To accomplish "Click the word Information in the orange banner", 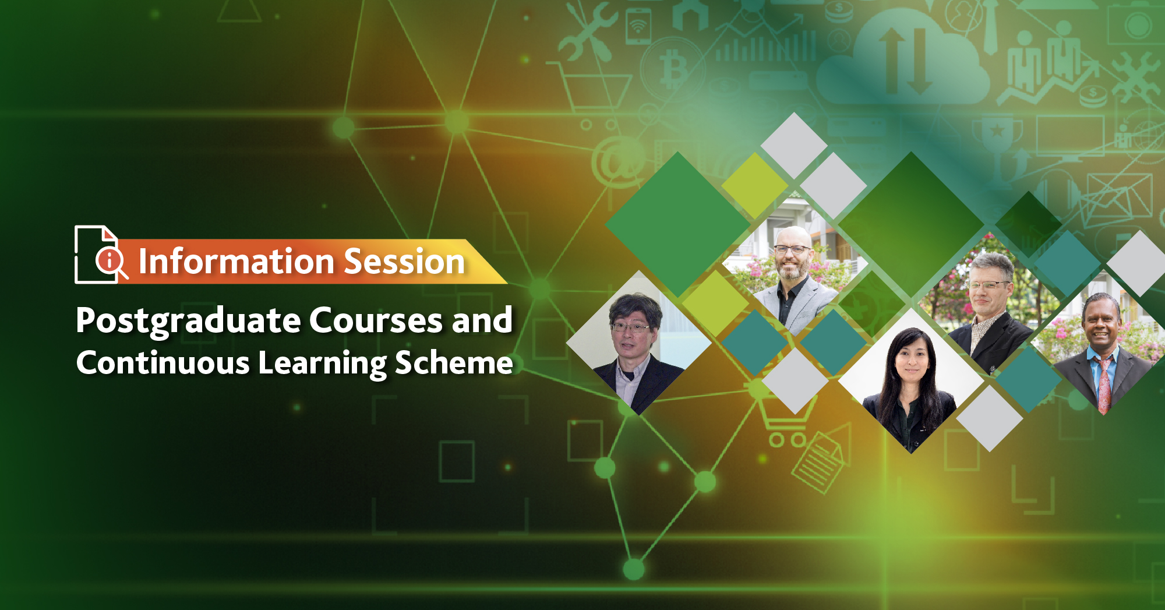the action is [236, 261].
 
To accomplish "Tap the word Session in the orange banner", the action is [405, 261].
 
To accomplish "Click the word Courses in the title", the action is [376, 320].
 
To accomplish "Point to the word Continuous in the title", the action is [163, 362].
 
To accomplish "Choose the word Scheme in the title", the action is [454, 362].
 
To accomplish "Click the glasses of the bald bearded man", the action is [792, 249].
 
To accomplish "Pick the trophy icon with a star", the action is [997, 134].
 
